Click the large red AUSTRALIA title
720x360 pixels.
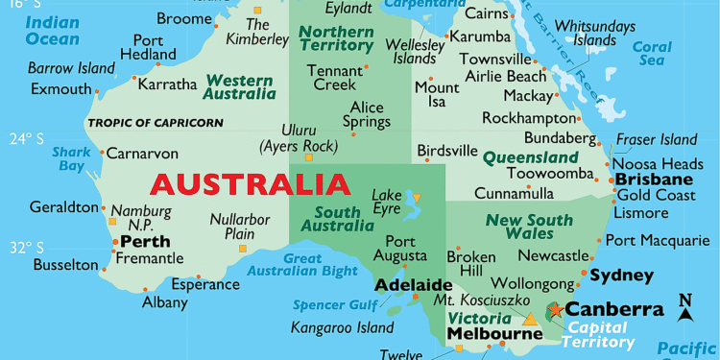point(250,182)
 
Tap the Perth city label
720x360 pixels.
point(140,241)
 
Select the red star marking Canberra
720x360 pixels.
point(555,310)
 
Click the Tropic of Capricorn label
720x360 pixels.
point(155,123)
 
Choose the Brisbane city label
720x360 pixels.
point(654,180)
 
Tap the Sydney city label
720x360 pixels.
point(621,276)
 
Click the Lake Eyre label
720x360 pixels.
point(387,202)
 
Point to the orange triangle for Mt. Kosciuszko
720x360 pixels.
point(530,319)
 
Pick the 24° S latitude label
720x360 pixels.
point(29,137)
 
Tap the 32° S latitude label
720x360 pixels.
point(29,247)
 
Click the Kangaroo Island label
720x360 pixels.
point(341,327)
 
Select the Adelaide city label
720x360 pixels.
point(413,285)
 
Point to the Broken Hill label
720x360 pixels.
point(470,264)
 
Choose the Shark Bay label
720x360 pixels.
point(71,158)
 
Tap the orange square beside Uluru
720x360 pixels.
point(308,157)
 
